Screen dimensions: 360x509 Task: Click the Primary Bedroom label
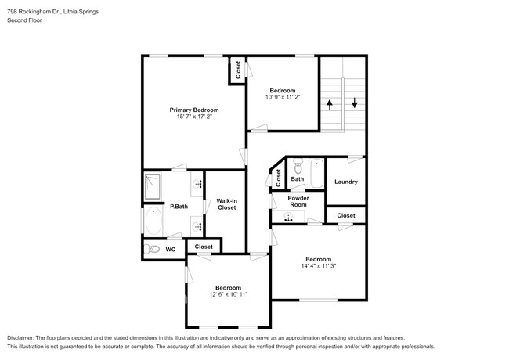194,110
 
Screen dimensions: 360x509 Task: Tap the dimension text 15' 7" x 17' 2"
194,117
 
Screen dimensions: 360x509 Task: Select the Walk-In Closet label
227,204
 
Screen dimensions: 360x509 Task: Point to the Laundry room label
345,182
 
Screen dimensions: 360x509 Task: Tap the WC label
170,250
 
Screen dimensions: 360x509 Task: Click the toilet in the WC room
153,250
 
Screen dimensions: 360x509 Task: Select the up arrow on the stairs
330,103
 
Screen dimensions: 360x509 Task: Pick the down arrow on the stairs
355,103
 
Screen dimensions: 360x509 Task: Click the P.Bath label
179,207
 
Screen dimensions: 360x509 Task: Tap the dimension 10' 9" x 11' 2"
283,97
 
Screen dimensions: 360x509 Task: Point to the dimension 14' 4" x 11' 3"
318,266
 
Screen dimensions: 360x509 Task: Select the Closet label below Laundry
345,215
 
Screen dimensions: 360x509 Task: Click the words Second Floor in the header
24,20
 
